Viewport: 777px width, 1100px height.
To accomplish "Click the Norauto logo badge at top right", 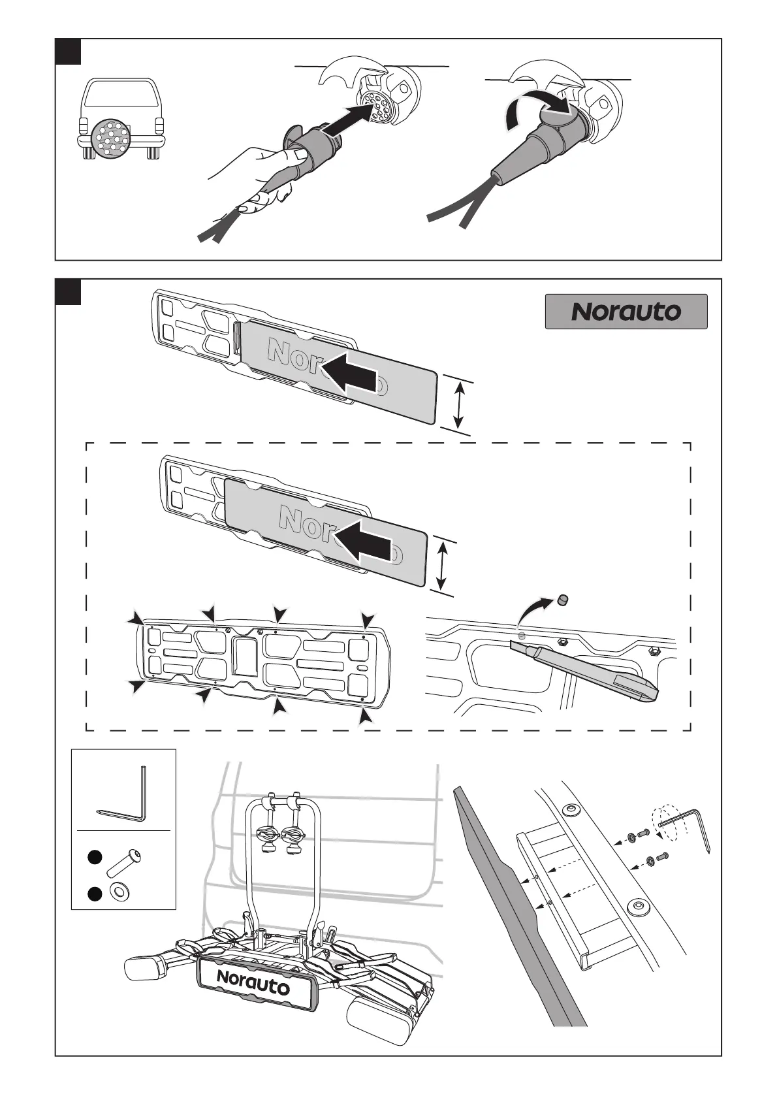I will click(x=626, y=312).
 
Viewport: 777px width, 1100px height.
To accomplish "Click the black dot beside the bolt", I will click(x=95, y=858).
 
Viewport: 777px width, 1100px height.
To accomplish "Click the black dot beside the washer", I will click(x=95, y=894).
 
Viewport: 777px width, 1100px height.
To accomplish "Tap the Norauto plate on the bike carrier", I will click(x=253, y=982).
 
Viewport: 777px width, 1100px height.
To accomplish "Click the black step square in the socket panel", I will click(x=68, y=52).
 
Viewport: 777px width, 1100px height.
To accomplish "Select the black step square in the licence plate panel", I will click(x=68, y=292).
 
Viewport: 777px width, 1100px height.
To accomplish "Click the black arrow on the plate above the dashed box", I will click(x=350, y=377).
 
